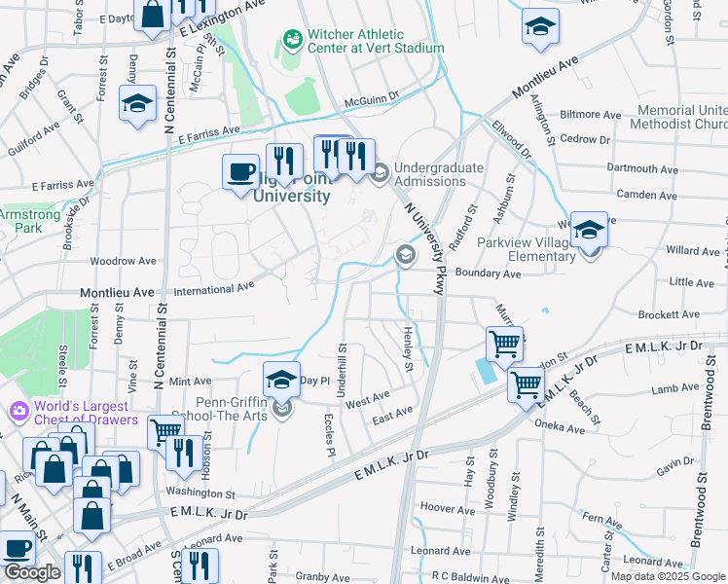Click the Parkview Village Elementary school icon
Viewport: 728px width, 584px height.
coord(589,230)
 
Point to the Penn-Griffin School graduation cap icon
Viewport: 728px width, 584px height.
coord(281,379)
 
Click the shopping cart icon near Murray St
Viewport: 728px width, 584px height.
coord(504,343)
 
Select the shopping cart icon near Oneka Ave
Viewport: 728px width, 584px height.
coord(526,385)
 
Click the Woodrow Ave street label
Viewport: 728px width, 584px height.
coord(123,261)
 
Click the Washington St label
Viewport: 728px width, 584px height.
coord(200,494)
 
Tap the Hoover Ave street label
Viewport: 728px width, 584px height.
coord(447,508)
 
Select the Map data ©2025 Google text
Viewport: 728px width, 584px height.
coord(667,576)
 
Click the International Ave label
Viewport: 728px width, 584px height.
coord(213,289)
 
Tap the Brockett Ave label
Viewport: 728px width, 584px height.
coord(691,314)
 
